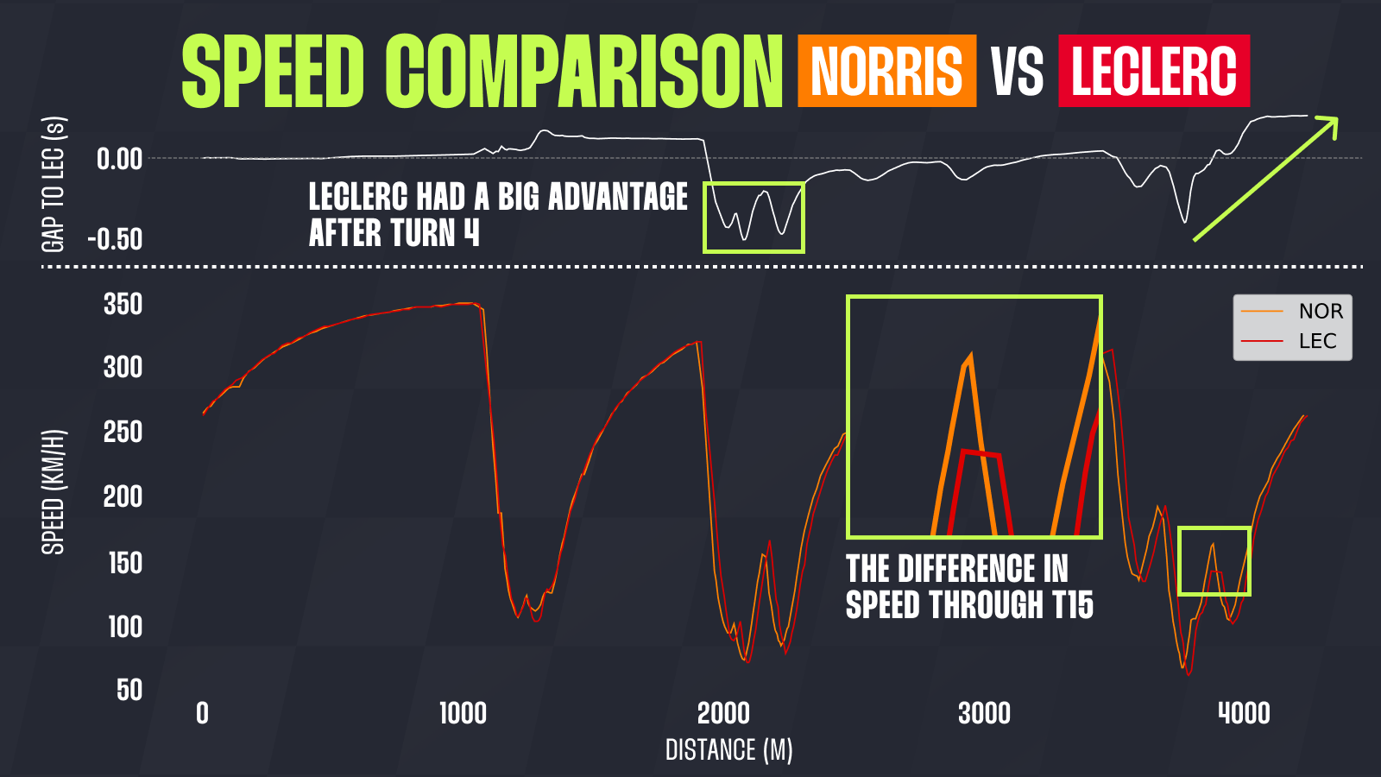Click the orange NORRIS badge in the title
[x=886, y=71]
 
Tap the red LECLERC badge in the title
[x=1154, y=71]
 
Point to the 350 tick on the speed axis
[x=123, y=305]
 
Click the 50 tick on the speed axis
[x=129, y=690]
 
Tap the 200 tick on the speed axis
[x=123, y=497]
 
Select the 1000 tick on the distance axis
[x=463, y=714]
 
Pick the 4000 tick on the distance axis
[x=1244, y=714]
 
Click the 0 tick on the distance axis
[x=202, y=714]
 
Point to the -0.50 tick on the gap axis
[x=115, y=240]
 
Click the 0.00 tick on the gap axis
[x=119, y=159]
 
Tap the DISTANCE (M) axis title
[x=728, y=750]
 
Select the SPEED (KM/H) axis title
[x=54, y=491]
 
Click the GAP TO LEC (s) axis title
[x=54, y=184]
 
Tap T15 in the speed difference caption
[x=1073, y=605]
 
